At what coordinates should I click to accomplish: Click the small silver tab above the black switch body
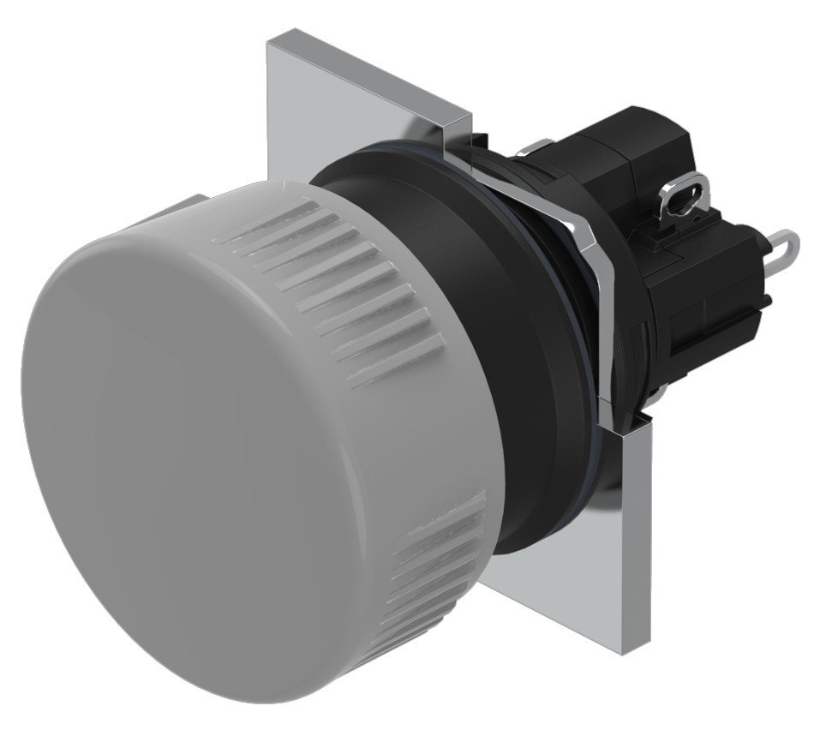(540, 146)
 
